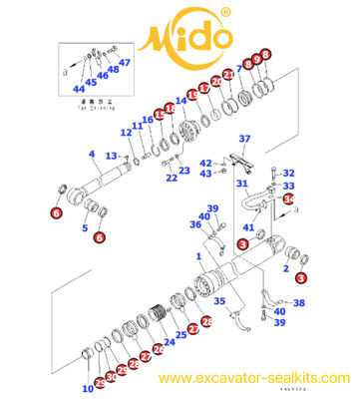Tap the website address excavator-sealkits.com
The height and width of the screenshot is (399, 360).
pyautogui.click(x=255, y=378)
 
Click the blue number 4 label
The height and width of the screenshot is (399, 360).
pyautogui.click(x=91, y=154)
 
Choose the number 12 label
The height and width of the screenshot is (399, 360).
pyautogui.click(x=126, y=133)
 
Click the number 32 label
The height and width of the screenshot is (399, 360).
pyautogui.click(x=289, y=173)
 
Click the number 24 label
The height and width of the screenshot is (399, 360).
pyautogui.click(x=169, y=342)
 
